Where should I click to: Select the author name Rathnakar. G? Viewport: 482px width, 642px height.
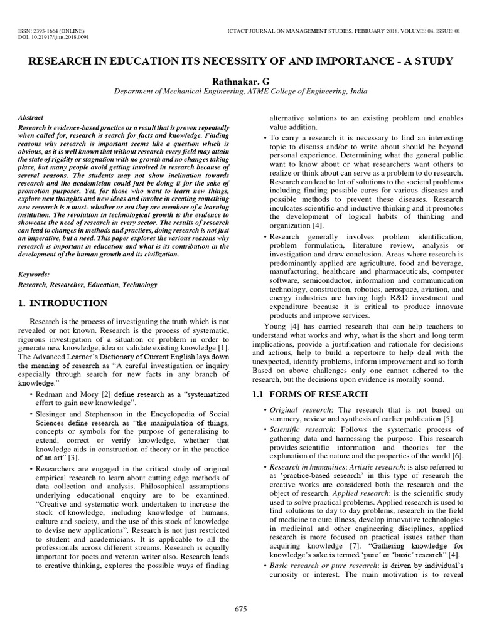pos(240,80)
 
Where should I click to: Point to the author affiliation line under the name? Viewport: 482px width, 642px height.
pos(240,92)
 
